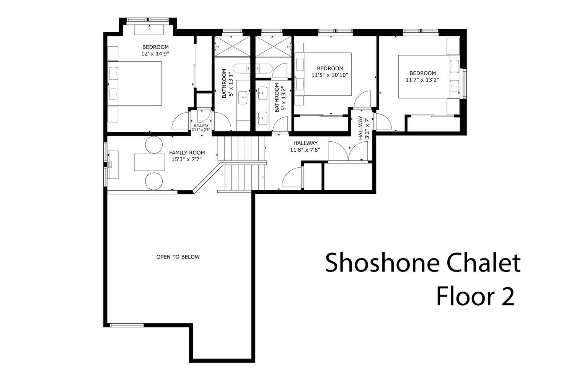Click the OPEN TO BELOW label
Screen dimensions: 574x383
point(178,257)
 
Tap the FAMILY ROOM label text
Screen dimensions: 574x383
point(187,153)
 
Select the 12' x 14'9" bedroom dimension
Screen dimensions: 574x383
point(155,54)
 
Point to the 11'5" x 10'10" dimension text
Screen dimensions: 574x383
point(330,75)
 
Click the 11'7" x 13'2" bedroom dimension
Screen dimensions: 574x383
point(422,80)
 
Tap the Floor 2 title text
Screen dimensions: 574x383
point(476,296)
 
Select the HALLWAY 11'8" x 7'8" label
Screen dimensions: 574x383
point(305,146)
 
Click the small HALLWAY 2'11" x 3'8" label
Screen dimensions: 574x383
point(201,128)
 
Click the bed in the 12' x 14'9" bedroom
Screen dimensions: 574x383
point(135,83)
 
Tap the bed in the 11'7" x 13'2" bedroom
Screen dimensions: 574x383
point(429,77)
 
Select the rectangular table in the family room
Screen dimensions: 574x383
point(149,162)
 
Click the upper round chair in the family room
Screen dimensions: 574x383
point(154,145)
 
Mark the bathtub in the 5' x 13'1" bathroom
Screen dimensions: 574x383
point(241,69)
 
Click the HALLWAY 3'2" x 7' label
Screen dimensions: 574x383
point(364,128)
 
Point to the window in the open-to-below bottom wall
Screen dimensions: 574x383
point(127,325)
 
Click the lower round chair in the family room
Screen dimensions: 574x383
point(154,181)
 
